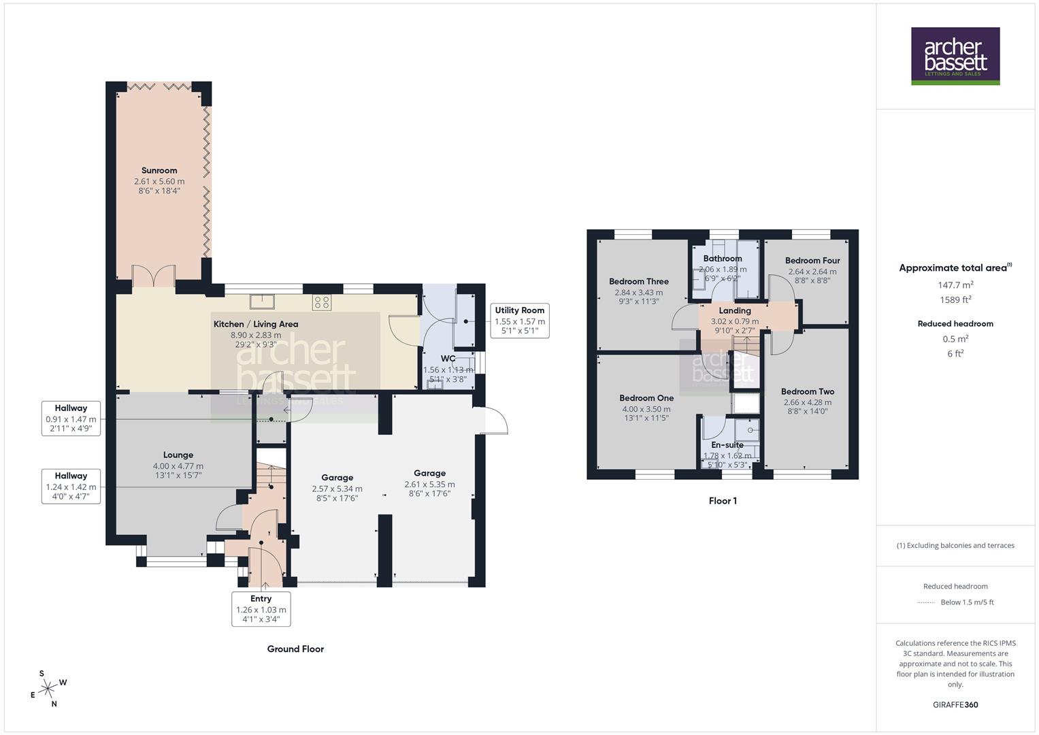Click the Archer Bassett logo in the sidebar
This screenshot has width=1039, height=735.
click(955, 56)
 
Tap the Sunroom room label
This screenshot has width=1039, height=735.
click(159, 171)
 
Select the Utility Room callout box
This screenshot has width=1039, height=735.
click(519, 321)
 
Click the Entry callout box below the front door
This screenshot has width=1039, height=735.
click(261, 609)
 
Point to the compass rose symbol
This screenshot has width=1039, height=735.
click(48, 689)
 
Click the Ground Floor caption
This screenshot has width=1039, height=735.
click(295, 649)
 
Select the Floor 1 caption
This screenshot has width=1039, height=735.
click(723, 501)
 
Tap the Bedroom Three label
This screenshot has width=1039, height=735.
click(638, 282)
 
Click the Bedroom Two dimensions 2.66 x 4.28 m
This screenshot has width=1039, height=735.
click(807, 402)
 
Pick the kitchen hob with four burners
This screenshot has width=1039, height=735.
click(322, 302)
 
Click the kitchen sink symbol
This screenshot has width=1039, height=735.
click(262, 301)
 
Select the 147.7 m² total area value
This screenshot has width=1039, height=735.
click(955, 285)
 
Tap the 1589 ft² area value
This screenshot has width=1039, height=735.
click(955, 299)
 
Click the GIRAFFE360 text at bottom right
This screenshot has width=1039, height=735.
click(955, 705)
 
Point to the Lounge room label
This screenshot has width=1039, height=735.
click(178, 455)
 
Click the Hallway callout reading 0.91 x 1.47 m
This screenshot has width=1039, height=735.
click(71, 419)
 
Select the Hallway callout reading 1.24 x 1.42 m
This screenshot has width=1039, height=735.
click(71, 486)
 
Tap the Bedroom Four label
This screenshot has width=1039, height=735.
click(812, 261)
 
